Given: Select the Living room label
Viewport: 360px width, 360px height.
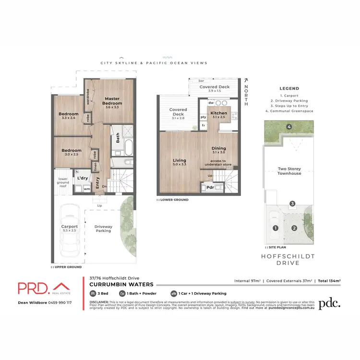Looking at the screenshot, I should (179, 160).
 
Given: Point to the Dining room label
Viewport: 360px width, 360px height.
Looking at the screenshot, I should (218, 148).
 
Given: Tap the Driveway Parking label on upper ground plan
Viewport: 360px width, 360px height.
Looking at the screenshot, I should (103, 228).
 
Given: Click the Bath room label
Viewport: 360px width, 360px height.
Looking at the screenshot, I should (118, 138).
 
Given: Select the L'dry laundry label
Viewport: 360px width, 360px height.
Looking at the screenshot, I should (82, 179).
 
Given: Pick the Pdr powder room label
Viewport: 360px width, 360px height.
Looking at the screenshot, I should (210, 187).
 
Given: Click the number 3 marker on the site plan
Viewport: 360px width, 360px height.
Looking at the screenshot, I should (292, 204).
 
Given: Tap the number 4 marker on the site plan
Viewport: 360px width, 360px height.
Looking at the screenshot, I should (289, 127).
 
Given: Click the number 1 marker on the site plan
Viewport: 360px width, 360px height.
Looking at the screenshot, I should (276, 228).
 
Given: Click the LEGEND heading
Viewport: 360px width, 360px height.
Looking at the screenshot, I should (289, 88).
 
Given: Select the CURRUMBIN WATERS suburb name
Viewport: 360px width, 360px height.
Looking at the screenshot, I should (121, 285).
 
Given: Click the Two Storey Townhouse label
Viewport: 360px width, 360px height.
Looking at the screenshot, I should (289, 171).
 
